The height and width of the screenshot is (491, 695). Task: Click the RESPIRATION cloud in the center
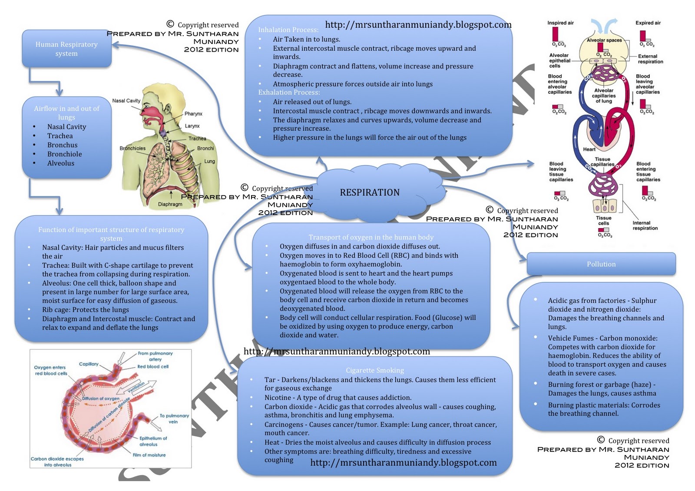tap(370, 192)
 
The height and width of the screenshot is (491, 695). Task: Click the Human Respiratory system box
tap(66, 49)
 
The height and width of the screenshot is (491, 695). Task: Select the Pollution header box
tap(601, 264)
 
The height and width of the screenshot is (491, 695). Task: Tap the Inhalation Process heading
tap(288, 30)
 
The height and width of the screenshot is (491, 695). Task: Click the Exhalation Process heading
tap(289, 92)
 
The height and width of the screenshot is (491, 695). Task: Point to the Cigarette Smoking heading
tap(375, 370)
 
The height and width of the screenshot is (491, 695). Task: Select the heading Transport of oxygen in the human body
tap(371, 237)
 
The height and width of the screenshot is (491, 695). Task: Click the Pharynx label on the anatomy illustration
tap(193, 114)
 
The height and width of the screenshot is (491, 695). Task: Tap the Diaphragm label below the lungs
tap(170, 204)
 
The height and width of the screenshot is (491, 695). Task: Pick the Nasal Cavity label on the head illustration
tap(126, 101)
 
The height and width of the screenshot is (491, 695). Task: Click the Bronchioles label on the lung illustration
tap(132, 148)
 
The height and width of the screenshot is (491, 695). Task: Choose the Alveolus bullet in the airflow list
tap(61, 163)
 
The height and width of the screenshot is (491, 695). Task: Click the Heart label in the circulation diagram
tap(589, 149)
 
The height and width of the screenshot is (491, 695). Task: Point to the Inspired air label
tap(560, 23)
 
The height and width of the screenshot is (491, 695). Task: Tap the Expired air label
tap(648, 23)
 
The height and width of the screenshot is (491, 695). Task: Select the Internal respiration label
tap(645, 226)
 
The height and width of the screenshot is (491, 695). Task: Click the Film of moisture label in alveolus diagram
tap(149, 455)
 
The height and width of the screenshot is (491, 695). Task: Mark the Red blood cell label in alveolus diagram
tap(153, 367)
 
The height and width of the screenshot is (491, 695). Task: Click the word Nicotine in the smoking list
tap(278, 398)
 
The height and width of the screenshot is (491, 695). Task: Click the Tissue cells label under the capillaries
tap(603, 221)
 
